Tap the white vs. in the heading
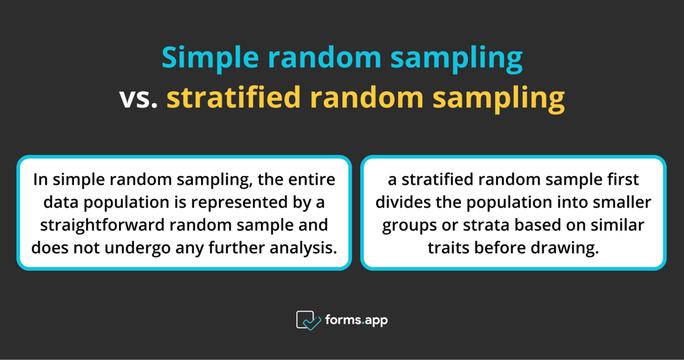click(139, 98)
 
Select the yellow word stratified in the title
click(233, 98)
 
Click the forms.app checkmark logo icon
click(308, 320)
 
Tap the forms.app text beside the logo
click(357, 320)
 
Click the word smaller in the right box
click(622, 203)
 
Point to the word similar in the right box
click(618, 224)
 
